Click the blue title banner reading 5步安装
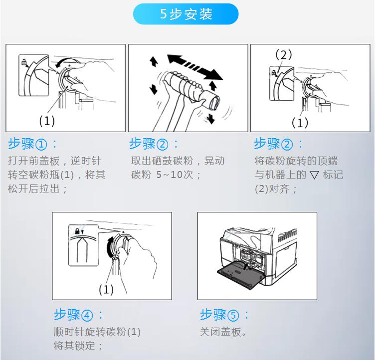point(186,14)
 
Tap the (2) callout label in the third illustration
point(284,54)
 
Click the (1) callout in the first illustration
point(47,121)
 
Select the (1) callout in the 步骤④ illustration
point(106,289)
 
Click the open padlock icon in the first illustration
point(24,62)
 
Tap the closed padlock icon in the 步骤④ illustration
point(77,231)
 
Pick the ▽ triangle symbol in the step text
point(314,175)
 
